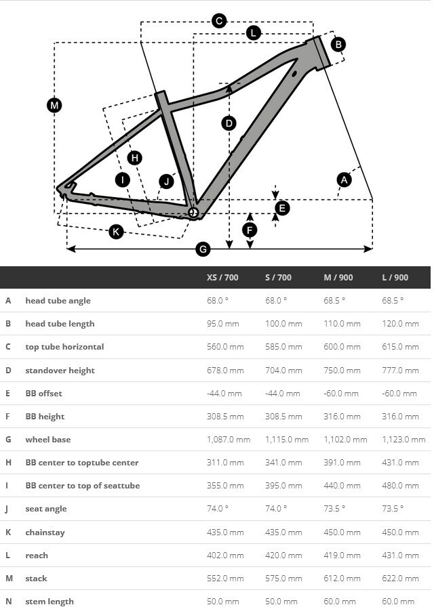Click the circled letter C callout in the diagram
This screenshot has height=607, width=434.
tap(218, 21)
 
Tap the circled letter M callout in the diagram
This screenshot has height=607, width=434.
tap(54, 105)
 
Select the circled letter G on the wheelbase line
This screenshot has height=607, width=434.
tap(202, 249)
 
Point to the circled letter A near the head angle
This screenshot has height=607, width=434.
tap(344, 180)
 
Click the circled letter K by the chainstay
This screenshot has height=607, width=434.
tap(116, 232)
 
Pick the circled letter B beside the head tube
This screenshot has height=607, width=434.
tap(338, 45)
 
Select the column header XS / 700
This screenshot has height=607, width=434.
tap(222, 277)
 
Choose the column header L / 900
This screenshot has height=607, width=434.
tap(395, 277)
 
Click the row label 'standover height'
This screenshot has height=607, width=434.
tap(60, 370)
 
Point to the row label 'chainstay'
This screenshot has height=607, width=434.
tap(45, 532)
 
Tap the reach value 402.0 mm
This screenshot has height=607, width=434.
tap(225, 556)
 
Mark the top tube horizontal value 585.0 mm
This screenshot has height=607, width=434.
tap(283, 347)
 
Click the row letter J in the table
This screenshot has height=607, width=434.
tap(8, 509)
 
